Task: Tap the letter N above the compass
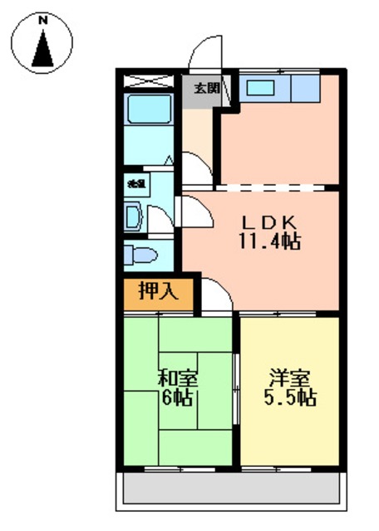click(42, 17)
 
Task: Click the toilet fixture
click(143, 254)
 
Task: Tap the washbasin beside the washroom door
click(134, 218)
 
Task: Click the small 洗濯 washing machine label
click(132, 182)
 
